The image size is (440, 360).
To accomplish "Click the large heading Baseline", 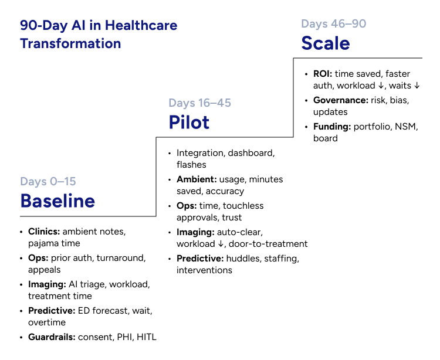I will (57, 201).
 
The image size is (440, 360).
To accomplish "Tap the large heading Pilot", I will (189, 122).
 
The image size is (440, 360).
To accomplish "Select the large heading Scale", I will (326, 43).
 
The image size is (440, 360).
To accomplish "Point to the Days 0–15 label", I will (48, 181).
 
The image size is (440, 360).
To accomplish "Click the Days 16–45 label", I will (199, 103).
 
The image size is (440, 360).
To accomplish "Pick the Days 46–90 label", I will (333, 24).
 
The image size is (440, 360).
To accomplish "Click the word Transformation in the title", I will (70, 43).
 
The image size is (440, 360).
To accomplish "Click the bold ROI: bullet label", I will (322, 74).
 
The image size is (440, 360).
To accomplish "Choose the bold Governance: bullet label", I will (341, 100).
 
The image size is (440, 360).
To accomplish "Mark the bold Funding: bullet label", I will (333, 127).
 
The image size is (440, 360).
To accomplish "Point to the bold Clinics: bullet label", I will (44, 232).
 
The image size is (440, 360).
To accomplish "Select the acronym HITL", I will (145, 337).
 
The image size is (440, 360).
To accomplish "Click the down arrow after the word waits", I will (417, 86).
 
